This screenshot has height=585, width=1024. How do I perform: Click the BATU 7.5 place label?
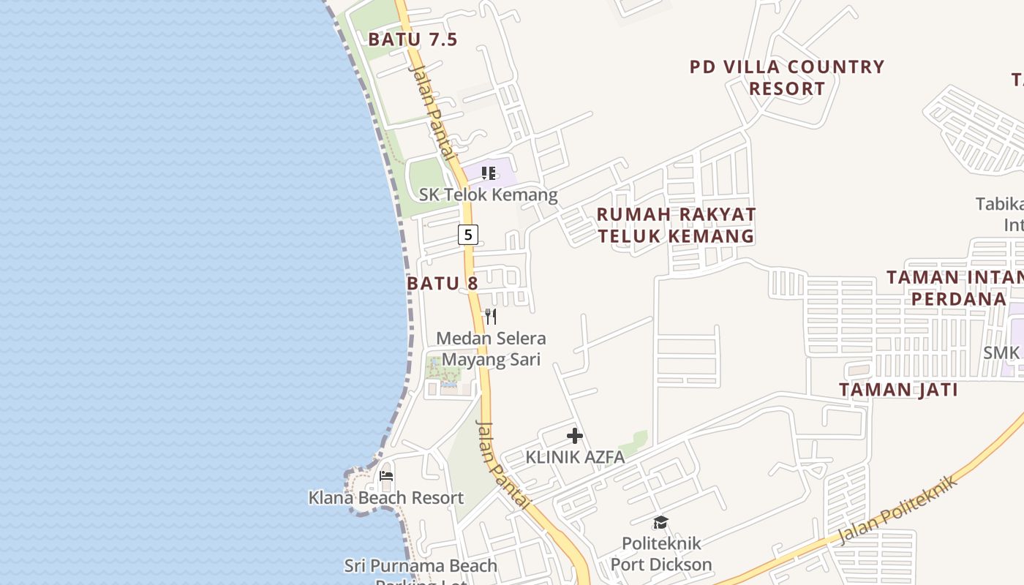(413, 39)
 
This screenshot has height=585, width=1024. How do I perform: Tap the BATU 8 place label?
(442, 283)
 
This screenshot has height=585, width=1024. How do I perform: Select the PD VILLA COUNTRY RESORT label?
(787, 78)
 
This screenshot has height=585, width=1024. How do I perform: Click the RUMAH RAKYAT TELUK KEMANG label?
(676, 225)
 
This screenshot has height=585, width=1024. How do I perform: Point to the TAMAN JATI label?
(898, 390)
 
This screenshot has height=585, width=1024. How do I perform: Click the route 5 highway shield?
(468, 235)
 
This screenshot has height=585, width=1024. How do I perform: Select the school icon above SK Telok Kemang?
(489, 173)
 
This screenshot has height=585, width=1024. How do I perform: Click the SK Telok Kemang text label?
(488, 195)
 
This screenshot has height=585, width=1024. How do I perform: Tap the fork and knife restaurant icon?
(491, 317)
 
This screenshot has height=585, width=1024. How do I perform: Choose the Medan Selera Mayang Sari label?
(491, 349)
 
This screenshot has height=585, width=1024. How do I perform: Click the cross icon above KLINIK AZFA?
(575, 437)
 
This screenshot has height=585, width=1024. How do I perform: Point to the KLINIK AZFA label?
(575, 458)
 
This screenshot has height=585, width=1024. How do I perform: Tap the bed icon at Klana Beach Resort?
(386, 477)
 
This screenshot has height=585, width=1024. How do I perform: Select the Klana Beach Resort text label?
(385, 498)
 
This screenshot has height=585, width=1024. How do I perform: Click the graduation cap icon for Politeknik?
(660, 522)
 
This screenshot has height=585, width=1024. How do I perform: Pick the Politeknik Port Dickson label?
(661, 554)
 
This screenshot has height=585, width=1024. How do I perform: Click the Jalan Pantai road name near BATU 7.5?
(434, 110)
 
